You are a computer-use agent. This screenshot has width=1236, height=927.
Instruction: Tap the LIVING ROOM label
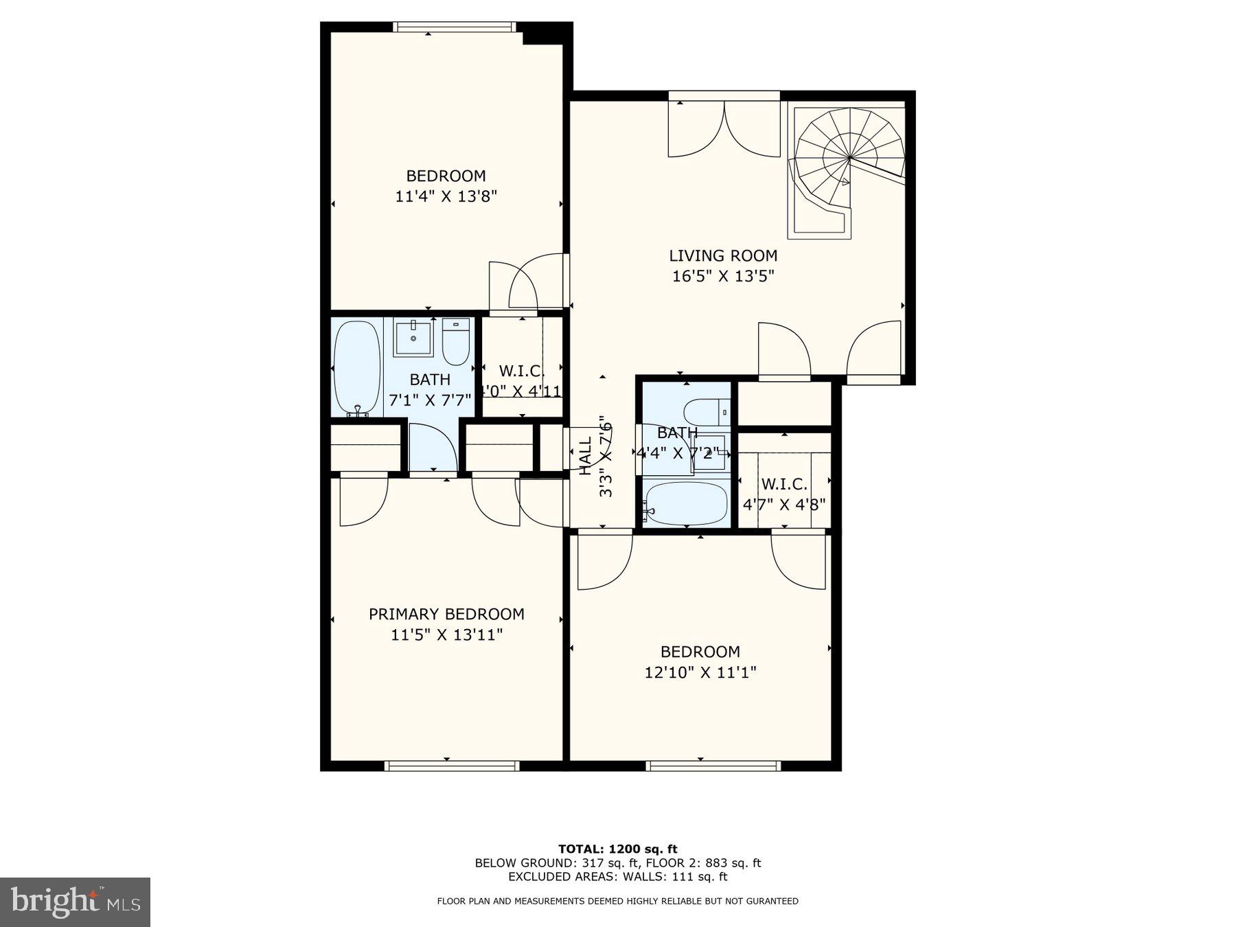coord(723,255)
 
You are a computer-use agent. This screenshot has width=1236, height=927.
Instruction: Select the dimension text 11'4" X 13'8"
coord(446,196)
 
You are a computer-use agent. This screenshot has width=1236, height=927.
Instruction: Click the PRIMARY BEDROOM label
coord(446,614)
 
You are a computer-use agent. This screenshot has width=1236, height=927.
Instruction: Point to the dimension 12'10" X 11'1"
coord(700,672)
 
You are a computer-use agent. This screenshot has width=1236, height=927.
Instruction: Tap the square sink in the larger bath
coord(413,337)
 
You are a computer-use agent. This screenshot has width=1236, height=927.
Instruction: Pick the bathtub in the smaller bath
coord(686,503)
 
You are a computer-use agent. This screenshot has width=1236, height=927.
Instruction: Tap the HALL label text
coord(585,457)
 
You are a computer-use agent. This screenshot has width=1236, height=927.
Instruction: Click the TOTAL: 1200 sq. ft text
coord(617,849)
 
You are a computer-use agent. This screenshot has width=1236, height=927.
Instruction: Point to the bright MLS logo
coord(75,901)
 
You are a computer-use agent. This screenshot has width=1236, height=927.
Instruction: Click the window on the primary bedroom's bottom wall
coord(451,766)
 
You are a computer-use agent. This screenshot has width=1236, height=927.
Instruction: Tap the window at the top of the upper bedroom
coord(454,27)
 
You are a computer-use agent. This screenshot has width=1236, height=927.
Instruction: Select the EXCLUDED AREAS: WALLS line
coord(617,876)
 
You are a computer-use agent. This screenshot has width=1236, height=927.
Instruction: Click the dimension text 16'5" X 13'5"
coord(723,276)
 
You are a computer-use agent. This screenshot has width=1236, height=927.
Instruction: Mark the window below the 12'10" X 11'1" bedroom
coord(713,766)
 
